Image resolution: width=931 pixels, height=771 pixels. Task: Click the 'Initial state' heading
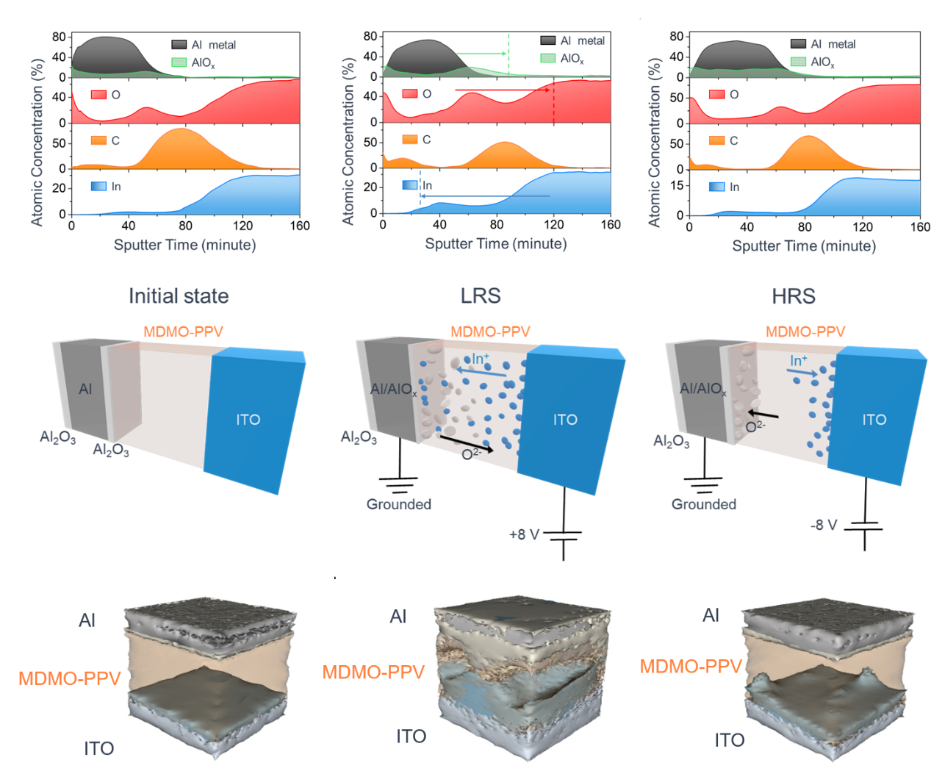[179, 296]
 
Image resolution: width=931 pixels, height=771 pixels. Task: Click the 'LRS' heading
[481, 296]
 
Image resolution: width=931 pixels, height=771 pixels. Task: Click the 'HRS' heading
[793, 296]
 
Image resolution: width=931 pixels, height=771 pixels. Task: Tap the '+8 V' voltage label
[524, 534]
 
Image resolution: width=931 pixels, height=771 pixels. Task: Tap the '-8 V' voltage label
[824, 525]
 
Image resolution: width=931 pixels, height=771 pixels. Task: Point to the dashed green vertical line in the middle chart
[508, 59]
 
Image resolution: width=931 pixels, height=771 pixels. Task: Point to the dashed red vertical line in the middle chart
[553, 107]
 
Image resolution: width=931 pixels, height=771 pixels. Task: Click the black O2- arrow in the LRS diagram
[466, 443]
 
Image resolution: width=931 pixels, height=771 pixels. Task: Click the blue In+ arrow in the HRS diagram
[802, 373]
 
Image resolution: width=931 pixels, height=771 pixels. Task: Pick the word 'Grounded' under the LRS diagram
[399, 504]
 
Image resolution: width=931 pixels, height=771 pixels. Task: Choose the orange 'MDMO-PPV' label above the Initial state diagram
[183, 331]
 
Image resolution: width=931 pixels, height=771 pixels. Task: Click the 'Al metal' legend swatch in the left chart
[179, 45]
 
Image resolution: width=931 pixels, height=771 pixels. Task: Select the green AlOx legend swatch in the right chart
[798, 62]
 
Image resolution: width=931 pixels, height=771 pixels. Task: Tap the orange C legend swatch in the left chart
[98, 140]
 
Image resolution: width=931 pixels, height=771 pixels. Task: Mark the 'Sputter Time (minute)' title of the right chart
[804, 245]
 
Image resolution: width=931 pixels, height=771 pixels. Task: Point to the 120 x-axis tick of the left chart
[242, 226]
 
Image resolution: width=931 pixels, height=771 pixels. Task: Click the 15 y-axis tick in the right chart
[677, 185]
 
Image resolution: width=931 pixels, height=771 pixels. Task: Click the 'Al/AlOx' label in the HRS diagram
[703, 390]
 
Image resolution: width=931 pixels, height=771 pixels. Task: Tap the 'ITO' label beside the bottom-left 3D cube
[98, 748]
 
